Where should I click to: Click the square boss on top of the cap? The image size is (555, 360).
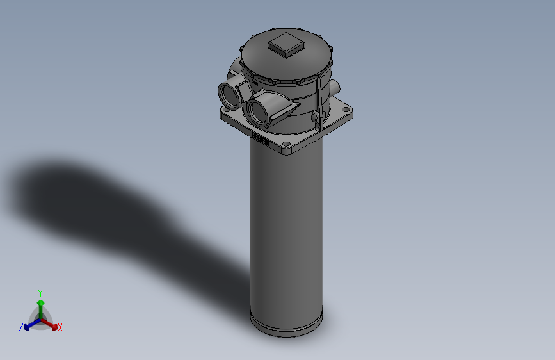286,45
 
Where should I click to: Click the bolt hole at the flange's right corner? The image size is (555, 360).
346,110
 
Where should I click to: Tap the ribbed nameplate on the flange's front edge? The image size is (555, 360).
260,139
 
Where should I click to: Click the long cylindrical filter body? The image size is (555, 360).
286,231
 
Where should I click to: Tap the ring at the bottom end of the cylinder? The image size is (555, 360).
286,325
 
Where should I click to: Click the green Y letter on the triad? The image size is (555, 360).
40,292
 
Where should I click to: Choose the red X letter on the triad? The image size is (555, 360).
60,328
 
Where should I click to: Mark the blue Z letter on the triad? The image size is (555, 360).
21,327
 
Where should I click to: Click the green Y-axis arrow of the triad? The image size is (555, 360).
40,306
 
